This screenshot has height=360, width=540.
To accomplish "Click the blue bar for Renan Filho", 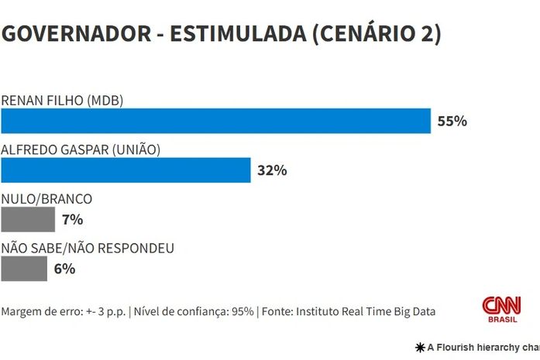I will (x=215, y=121).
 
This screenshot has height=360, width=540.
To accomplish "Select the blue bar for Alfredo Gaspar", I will (x=126, y=170).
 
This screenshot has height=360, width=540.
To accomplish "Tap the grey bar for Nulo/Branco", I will (x=28, y=220).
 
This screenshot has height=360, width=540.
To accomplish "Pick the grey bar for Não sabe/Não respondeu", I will (x=24, y=269).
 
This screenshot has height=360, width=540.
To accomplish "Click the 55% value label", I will (x=452, y=122).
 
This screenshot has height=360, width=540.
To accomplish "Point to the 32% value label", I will (x=272, y=170).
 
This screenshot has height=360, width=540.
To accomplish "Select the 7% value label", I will (x=72, y=220).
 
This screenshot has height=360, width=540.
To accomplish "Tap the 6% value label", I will (x=64, y=269).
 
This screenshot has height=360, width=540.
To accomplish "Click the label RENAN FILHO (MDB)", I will (x=63, y=100).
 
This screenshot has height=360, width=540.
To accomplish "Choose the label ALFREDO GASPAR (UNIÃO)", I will (x=81, y=149).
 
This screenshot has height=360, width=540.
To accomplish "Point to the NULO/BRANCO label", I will (x=47, y=199).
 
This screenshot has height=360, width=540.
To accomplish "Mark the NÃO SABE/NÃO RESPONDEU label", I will (x=88, y=248).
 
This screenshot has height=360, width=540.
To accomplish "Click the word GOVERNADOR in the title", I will (x=74, y=35).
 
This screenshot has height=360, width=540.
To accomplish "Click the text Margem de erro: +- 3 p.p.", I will (x=64, y=311).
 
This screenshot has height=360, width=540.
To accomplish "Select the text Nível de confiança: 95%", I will (x=194, y=311).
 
